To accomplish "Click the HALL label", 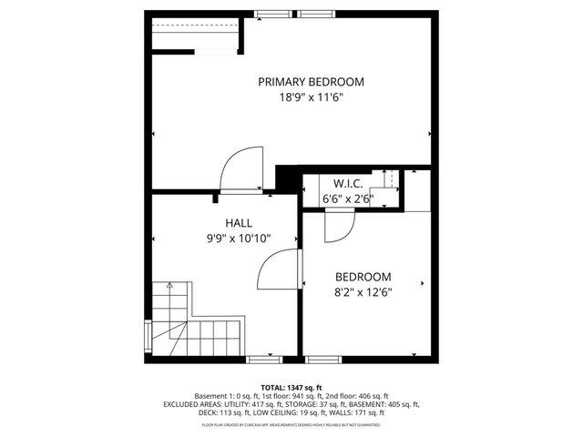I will click(239, 223).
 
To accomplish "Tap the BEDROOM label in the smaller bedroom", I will click(363, 277).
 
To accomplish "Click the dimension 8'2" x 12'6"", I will click(363, 292).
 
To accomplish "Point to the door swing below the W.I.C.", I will click(339, 224).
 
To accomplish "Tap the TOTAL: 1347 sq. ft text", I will click(291, 387).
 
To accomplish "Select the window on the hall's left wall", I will click(148, 334).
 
